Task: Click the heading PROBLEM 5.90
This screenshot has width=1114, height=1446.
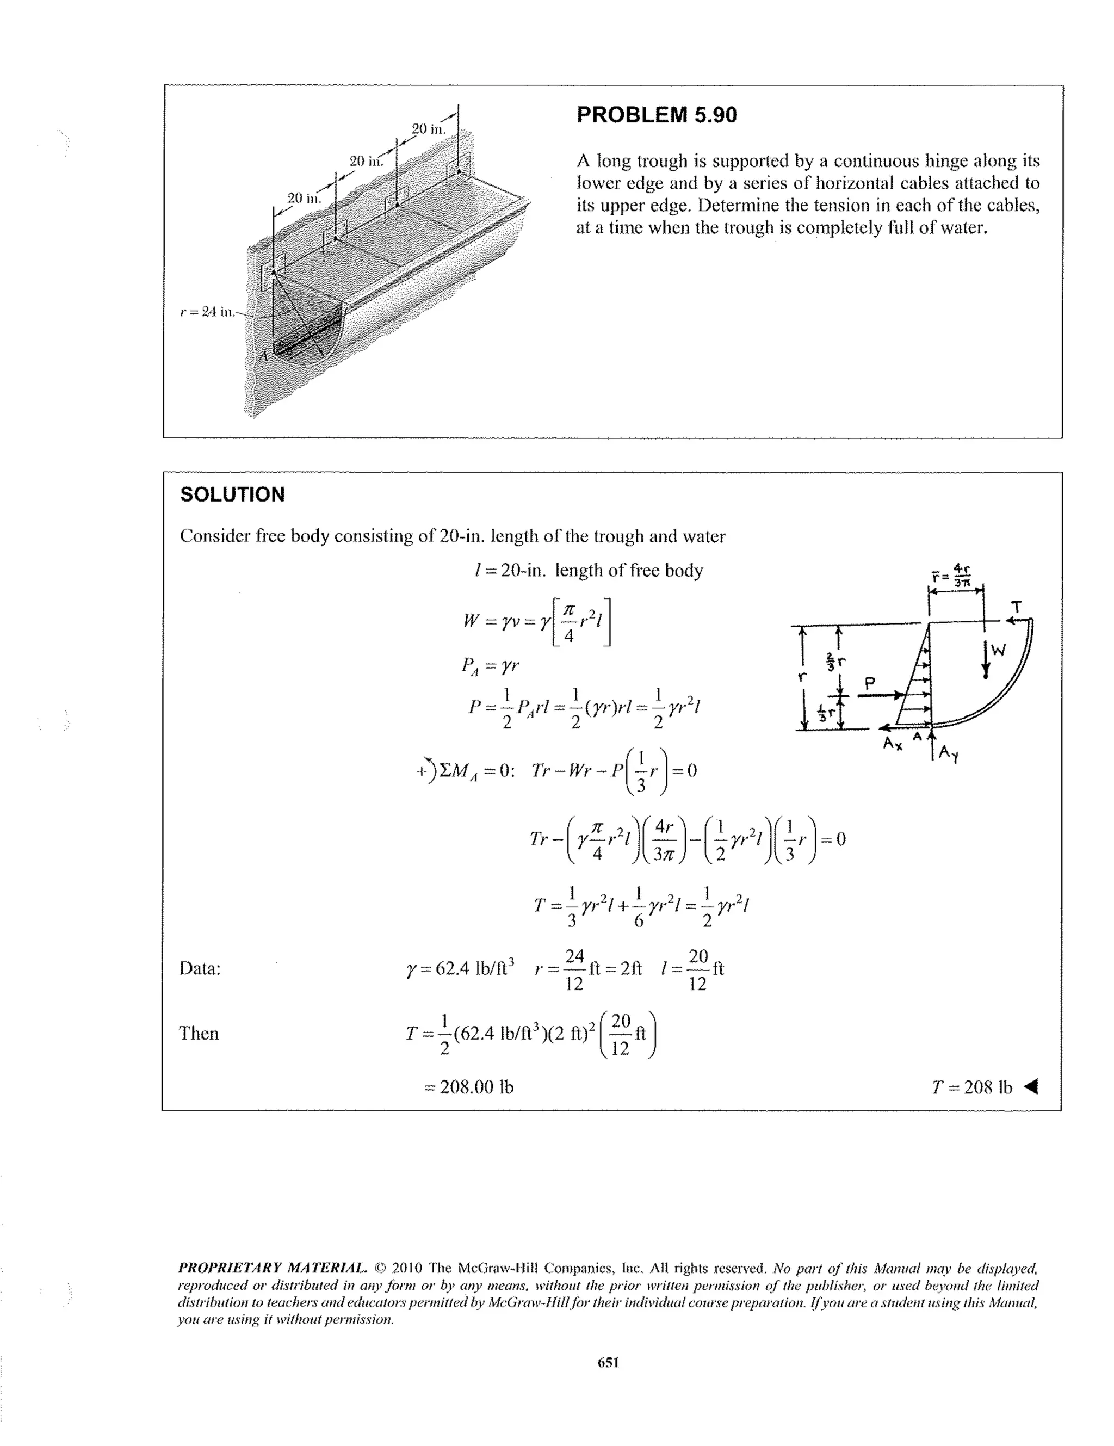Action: tap(656, 115)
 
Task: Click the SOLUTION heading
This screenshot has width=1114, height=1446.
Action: tap(232, 495)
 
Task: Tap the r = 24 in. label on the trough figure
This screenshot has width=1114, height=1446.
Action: tap(207, 311)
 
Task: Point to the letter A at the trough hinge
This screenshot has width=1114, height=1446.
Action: tap(263, 356)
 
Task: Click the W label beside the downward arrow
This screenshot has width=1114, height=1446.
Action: tap(998, 650)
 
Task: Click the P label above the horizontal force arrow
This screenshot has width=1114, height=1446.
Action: tap(870, 683)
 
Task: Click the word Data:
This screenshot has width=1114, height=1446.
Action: tap(200, 969)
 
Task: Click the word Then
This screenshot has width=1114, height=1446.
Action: tap(199, 1034)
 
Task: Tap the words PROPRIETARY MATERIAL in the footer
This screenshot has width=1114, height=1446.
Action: tap(271, 1269)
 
